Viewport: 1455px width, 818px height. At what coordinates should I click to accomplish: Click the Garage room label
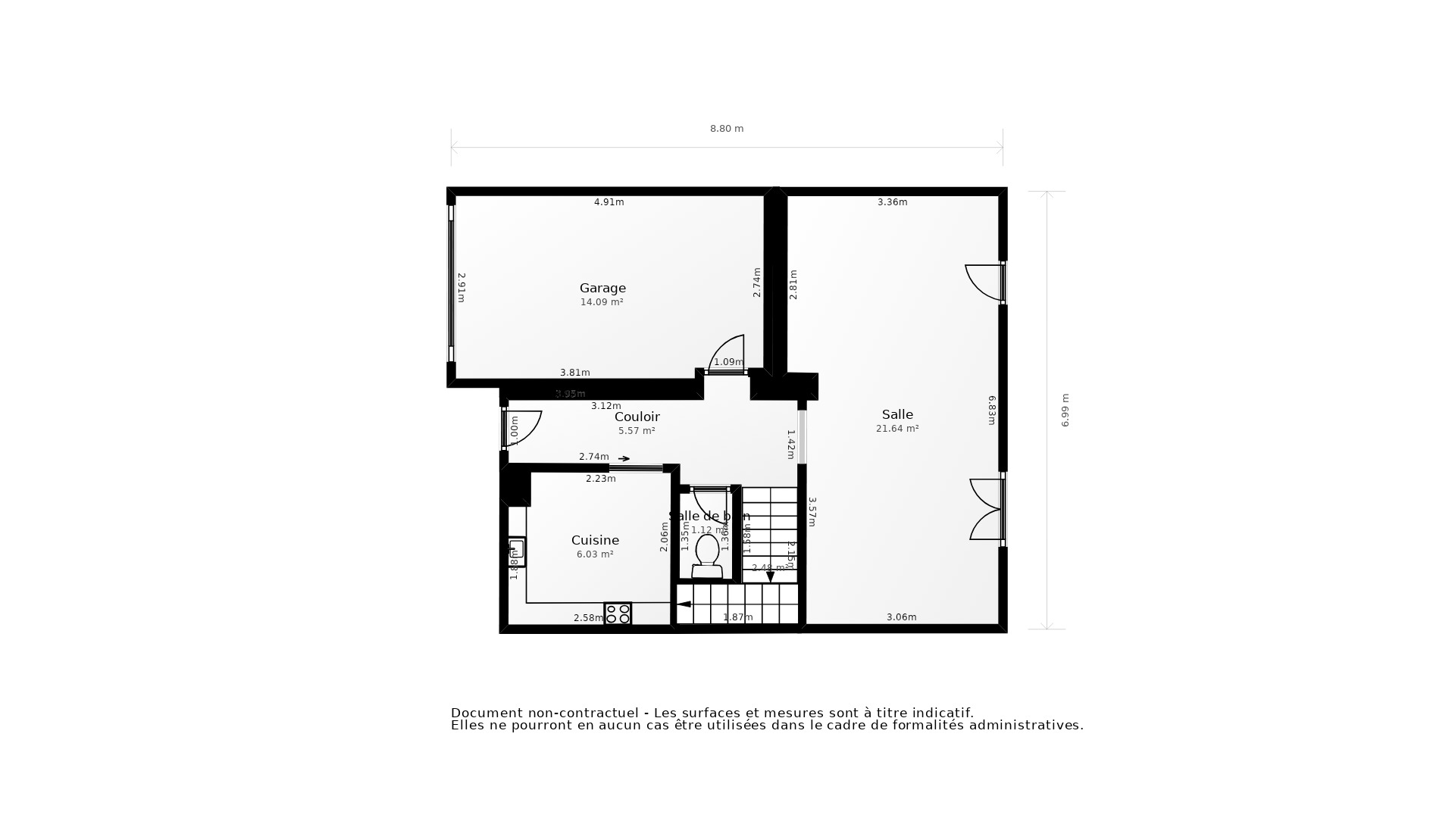point(602,288)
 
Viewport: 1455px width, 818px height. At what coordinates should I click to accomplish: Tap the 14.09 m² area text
point(602,302)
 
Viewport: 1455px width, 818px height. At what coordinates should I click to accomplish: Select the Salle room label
point(897,414)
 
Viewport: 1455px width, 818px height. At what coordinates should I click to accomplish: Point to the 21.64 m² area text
point(897,429)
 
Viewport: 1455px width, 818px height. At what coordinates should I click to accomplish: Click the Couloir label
point(637,417)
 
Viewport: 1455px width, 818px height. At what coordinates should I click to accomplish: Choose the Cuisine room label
point(595,540)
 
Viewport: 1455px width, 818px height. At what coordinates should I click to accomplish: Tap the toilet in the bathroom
point(707,555)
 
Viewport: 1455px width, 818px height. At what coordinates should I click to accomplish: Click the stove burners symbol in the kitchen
point(618,613)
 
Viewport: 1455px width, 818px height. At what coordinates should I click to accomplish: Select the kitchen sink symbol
point(516,551)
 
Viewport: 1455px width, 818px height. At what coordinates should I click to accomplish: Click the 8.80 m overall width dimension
point(726,129)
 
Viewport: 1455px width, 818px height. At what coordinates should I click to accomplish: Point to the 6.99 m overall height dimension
point(1065,410)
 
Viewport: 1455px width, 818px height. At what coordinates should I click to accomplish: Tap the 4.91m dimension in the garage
point(609,202)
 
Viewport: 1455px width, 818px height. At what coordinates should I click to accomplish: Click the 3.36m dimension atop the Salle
point(892,202)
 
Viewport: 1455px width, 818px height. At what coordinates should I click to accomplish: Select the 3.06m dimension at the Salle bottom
point(901,617)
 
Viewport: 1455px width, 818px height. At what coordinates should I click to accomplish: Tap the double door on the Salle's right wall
point(987,509)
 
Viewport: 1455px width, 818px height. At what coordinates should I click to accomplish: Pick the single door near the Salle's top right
point(984,282)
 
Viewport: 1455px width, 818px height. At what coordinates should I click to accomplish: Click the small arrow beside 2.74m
point(624,458)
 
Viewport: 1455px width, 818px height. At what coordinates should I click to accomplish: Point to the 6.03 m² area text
point(595,554)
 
